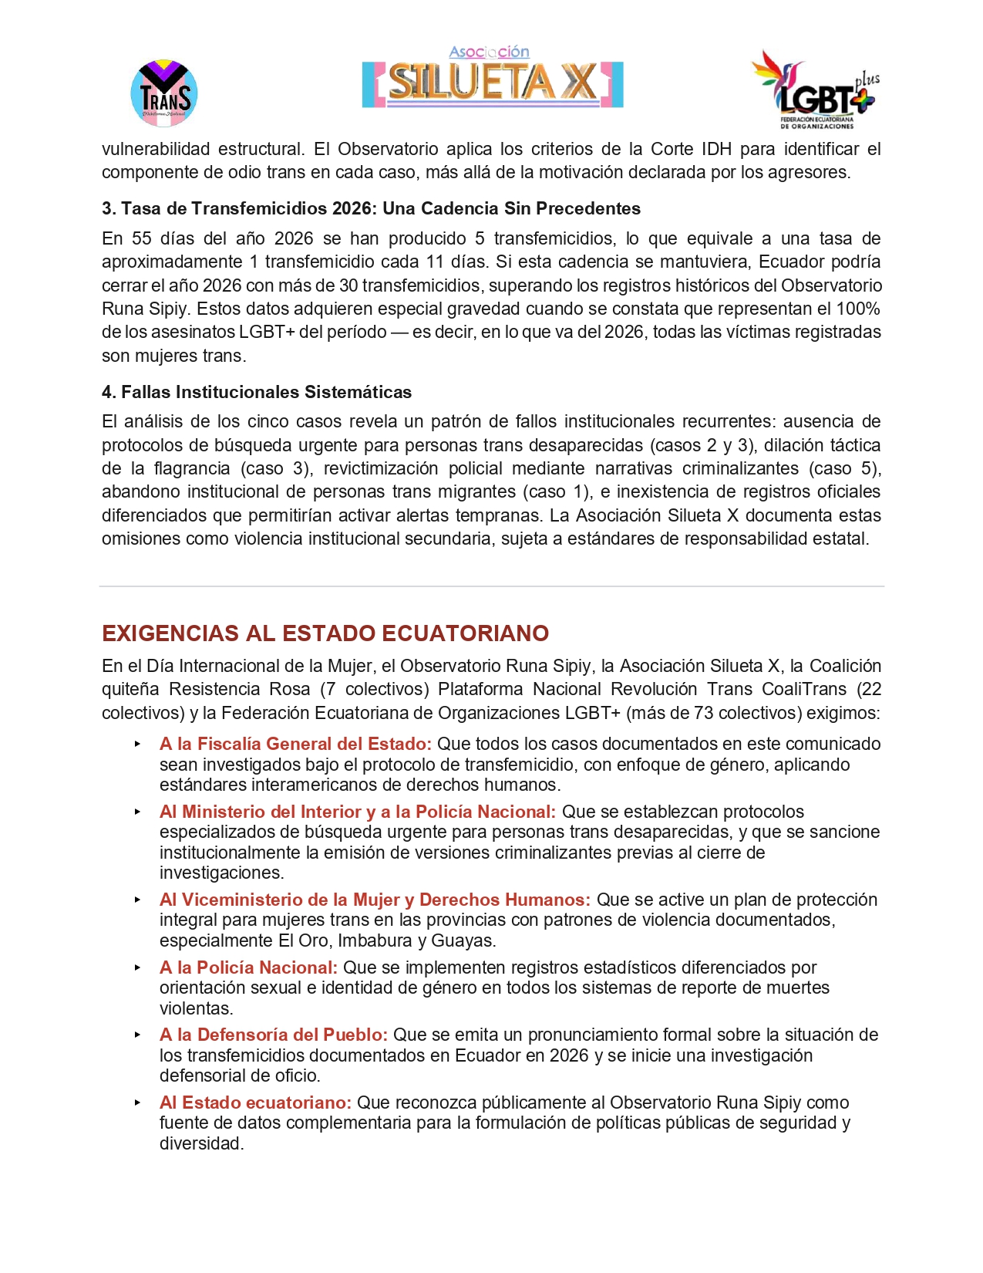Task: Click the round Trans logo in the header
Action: (x=164, y=93)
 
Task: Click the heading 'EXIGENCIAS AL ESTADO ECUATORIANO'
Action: (x=325, y=633)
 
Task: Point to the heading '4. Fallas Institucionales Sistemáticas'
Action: (x=257, y=392)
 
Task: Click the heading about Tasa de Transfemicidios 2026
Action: (x=371, y=208)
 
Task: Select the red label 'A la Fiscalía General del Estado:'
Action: (x=295, y=744)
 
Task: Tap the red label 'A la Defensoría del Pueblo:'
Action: (x=274, y=1035)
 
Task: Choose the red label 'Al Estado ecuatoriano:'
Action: (x=255, y=1102)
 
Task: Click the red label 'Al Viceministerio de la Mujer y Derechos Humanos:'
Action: (x=375, y=900)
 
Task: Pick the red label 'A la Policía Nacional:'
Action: (x=248, y=967)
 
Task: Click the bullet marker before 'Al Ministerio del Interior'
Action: (x=137, y=812)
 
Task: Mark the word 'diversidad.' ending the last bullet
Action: (x=201, y=1143)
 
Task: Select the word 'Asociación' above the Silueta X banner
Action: (x=489, y=52)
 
